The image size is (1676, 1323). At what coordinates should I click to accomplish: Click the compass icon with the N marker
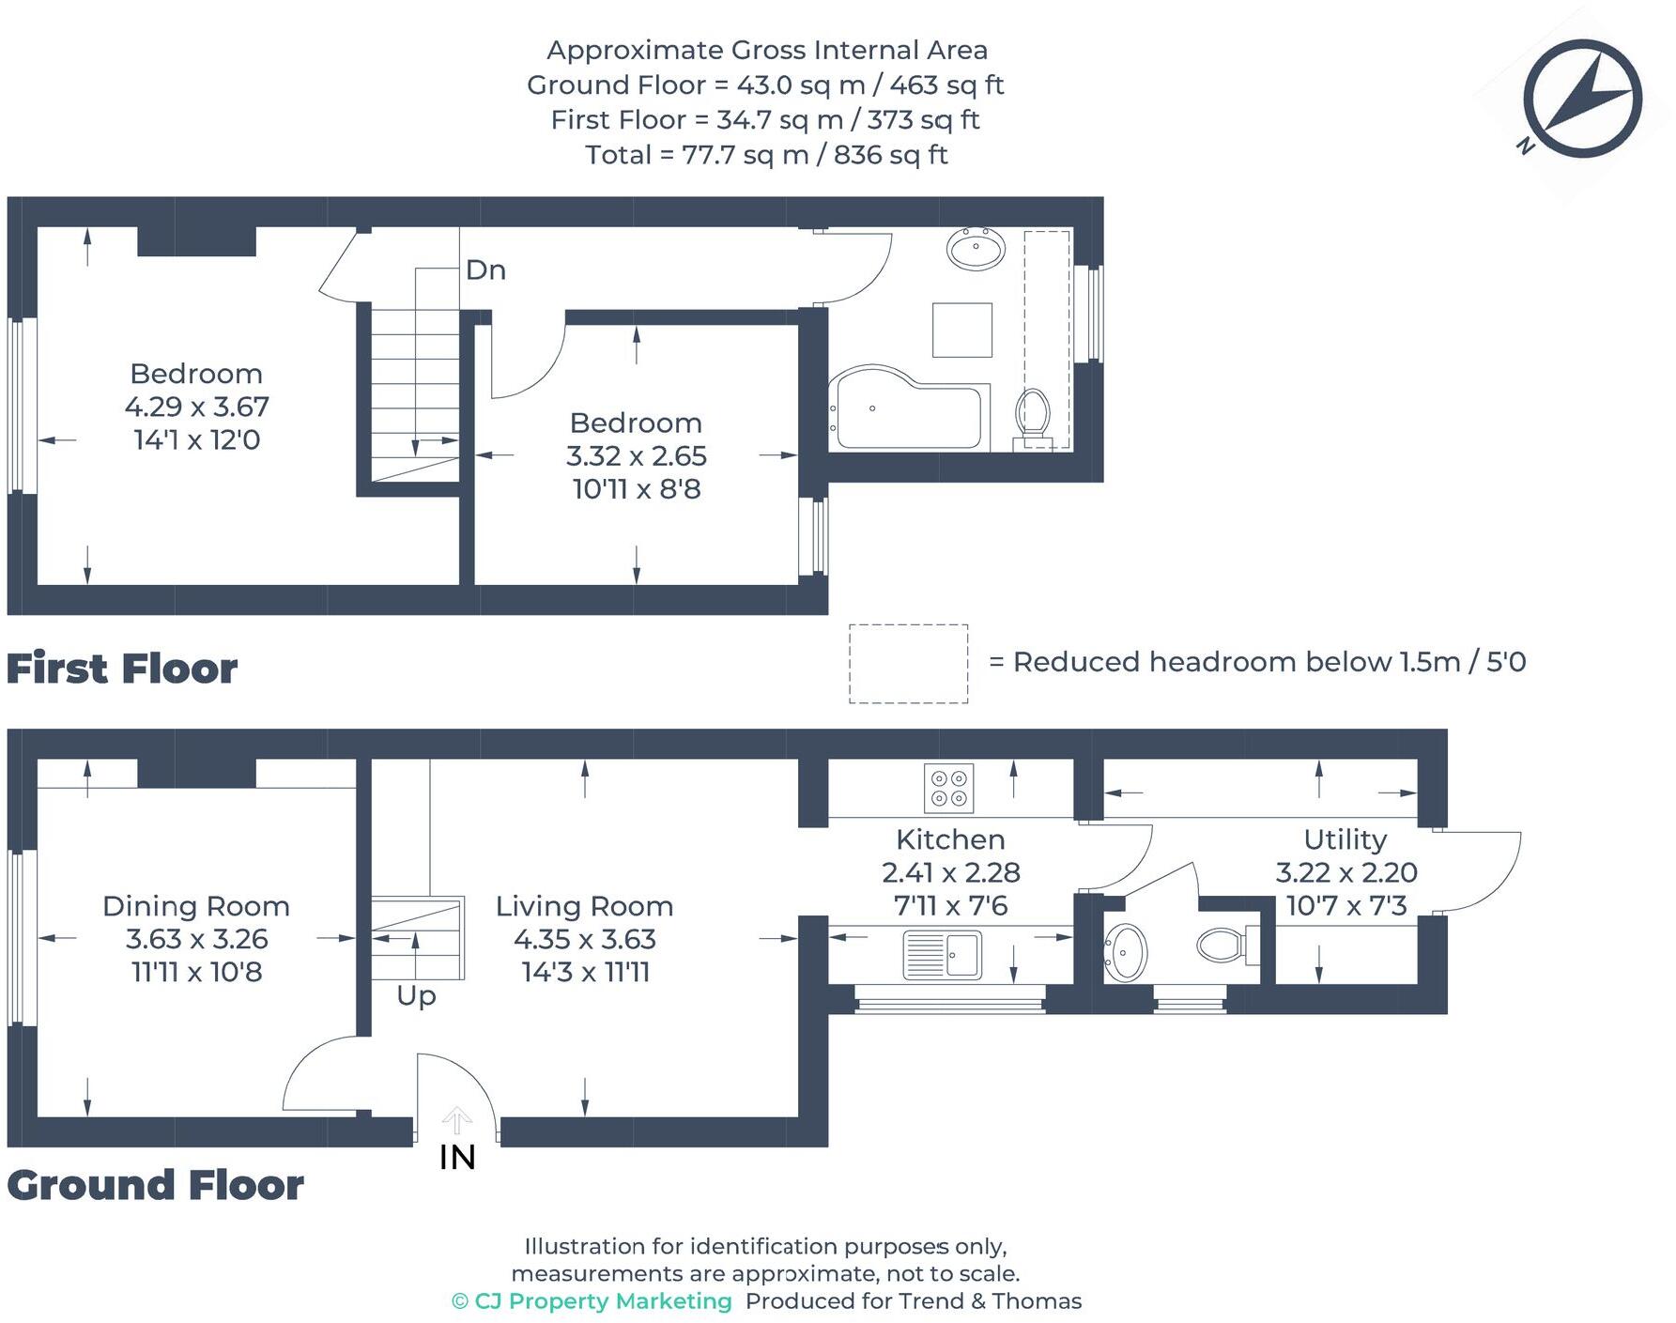(1582, 98)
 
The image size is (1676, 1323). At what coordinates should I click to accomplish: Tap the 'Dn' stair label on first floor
(485, 270)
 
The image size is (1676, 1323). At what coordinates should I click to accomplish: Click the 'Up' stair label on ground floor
(416, 995)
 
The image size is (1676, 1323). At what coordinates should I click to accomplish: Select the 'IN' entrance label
(457, 1158)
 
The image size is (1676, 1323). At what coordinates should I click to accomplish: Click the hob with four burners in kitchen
(948, 788)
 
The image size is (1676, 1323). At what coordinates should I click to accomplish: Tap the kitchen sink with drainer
(942, 955)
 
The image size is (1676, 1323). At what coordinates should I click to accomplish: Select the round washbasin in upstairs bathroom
(976, 249)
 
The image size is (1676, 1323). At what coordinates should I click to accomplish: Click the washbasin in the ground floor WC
(1125, 952)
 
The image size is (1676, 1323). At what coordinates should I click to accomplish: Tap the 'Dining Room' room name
(195, 906)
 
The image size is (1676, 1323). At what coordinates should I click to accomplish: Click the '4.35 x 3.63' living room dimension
(584, 939)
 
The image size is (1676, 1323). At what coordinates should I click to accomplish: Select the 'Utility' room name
(1345, 839)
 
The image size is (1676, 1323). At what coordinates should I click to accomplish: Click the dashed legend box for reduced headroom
(908, 664)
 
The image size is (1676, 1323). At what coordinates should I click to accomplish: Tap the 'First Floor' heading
(122, 669)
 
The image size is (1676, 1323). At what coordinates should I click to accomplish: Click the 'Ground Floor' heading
(155, 1186)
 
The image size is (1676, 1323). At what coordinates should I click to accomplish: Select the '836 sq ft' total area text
(890, 155)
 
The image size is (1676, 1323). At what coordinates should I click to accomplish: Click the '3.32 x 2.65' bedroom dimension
(636, 456)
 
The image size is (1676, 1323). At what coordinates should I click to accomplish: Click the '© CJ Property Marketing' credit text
(592, 1301)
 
